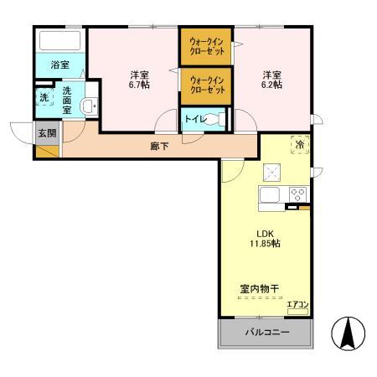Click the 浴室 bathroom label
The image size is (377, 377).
[59, 64]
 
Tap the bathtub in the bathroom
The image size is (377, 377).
[59, 41]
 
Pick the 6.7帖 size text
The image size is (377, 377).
[139, 85]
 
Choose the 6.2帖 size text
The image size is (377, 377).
[271, 85]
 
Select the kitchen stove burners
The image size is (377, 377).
[297, 194]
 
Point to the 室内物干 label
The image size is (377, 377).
[259, 290]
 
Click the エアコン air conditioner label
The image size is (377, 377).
[297, 304]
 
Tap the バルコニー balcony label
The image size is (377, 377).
[266, 333]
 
